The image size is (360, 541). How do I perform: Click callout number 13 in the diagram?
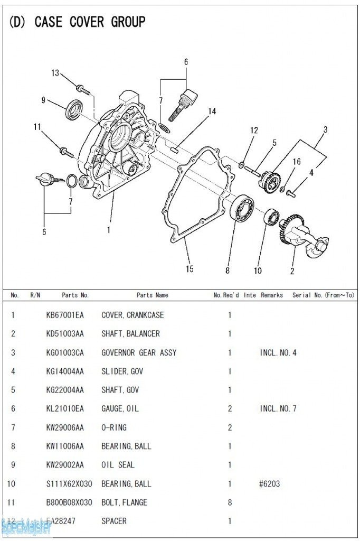coord(55,73)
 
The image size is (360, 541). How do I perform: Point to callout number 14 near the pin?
coord(212,111)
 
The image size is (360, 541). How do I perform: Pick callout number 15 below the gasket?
coord(189,269)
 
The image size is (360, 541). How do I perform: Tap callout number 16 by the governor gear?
coord(297,162)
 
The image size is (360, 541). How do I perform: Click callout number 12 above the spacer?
coord(254,130)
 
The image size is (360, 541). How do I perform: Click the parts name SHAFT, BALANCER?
coord(130,334)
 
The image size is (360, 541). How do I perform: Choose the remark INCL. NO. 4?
coord(278,352)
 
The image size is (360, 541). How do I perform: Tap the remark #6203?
coord(269,483)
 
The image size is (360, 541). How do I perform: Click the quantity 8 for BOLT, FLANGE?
coord(230,502)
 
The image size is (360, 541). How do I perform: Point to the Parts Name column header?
coord(152,295)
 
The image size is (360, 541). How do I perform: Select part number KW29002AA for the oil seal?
coord(65,465)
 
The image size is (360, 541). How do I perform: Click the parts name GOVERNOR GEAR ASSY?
coord(139,352)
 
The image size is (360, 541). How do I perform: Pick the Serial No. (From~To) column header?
coord(323,295)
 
